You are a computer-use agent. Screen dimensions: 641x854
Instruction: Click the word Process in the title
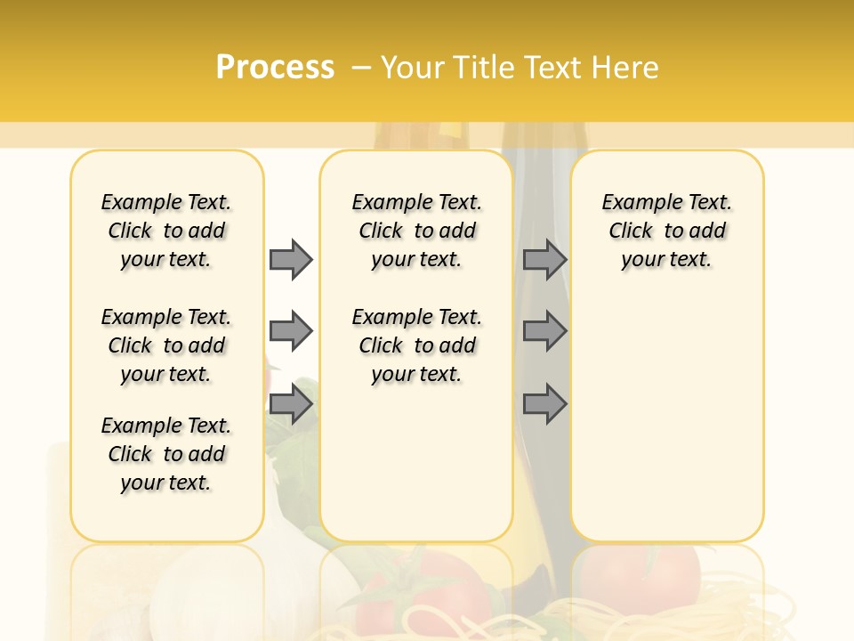[x=275, y=67]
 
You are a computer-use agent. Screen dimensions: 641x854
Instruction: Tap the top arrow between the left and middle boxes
[x=291, y=259]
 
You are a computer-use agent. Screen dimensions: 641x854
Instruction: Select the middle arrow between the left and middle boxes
[x=291, y=331]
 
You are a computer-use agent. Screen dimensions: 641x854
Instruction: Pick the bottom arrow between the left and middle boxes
[x=291, y=404]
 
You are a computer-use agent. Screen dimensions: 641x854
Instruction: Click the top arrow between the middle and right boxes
[x=544, y=259]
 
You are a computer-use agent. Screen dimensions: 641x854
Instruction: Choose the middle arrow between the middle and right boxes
[x=544, y=331]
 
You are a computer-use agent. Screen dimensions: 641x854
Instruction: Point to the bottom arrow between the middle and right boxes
[x=544, y=404]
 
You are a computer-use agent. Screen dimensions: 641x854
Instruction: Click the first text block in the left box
[x=166, y=231]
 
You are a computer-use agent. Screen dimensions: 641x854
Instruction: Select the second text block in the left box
[x=166, y=345]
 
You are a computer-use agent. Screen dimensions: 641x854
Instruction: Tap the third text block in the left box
[x=166, y=454]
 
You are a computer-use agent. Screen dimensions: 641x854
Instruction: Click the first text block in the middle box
[x=416, y=231]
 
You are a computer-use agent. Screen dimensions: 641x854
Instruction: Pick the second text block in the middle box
[x=416, y=345]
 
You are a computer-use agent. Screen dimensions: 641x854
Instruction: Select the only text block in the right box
[x=666, y=231]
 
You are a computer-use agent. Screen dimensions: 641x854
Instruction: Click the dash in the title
[x=361, y=68]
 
